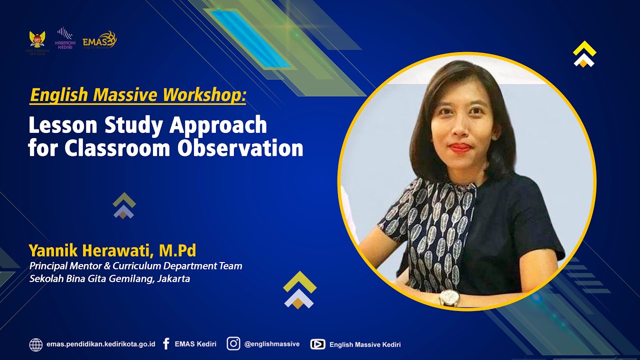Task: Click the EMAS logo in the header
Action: coord(99,40)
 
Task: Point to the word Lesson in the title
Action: coord(57,125)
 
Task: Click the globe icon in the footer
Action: coord(36,344)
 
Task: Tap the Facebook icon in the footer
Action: coord(166,344)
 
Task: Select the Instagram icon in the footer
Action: coord(233,344)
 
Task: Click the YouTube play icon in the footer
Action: coord(317,344)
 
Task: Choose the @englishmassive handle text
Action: coord(271,344)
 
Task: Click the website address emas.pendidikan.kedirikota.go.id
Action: coord(100,344)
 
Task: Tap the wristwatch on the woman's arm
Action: coord(449,298)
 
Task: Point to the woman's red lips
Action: coord(460,147)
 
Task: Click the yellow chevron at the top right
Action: coord(584,49)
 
